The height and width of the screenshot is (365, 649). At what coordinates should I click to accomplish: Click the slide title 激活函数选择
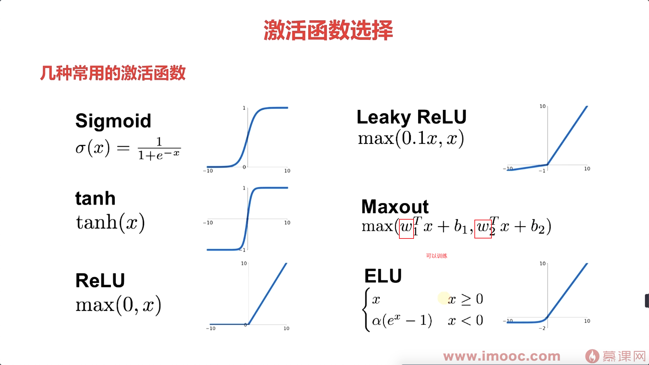[x=328, y=31]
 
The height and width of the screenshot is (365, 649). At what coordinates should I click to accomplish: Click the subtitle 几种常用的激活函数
[x=113, y=73]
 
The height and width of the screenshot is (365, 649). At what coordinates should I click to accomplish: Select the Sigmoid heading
[x=113, y=121]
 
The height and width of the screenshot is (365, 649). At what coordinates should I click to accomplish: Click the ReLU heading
[x=100, y=280]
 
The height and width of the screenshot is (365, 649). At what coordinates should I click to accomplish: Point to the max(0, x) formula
[x=118, y=305]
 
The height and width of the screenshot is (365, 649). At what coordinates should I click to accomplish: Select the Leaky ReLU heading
[x=411, y=117]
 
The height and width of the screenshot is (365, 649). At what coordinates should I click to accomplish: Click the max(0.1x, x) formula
[x=411, y=138]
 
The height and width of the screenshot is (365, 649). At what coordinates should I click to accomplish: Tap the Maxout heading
[x=395, y=206]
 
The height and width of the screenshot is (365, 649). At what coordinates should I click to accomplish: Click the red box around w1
[x=406, y=229]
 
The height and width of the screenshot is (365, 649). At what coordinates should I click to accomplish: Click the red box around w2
[x=483, y=229]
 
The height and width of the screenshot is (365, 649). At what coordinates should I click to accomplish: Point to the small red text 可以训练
[x=436, y=256]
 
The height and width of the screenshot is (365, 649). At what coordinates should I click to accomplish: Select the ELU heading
[x=383, y=276]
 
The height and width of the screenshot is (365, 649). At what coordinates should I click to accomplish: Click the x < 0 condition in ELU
[x=465, y=321]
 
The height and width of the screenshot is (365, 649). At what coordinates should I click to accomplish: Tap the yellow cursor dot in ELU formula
[x=443, y=298]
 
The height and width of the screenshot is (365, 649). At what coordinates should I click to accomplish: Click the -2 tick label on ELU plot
[x=542, y=328]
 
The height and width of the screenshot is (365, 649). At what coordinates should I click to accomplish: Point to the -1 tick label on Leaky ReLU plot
[x=542, y=171]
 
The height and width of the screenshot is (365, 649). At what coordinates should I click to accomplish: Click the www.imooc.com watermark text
[x=502, y=356]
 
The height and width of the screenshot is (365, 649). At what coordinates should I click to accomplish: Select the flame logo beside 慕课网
[x=592, y=356]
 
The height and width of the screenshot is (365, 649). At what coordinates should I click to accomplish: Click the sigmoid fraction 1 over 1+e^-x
[x=159, y=149]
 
